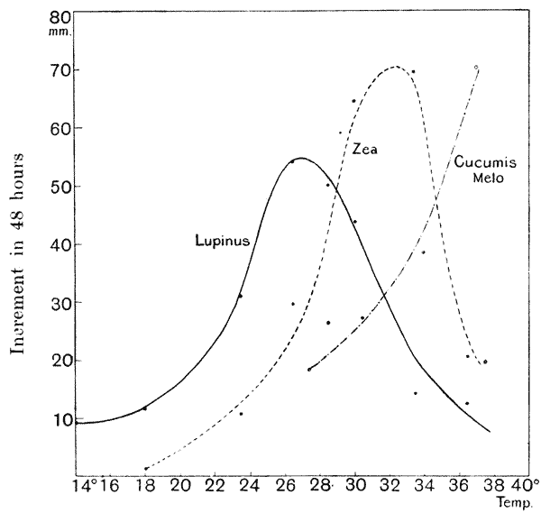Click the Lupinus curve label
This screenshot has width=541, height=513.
(x=222, y=240)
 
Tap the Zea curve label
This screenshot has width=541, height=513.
(x=363, y=150)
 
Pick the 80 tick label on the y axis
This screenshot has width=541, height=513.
(x=60, y=16)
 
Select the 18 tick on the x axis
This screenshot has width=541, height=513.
(x=145, y=485)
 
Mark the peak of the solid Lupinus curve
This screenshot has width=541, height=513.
(x=300, y=159)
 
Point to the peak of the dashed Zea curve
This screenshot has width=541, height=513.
(x=395, y=67)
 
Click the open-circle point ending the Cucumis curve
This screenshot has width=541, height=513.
(x=476, y=68)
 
